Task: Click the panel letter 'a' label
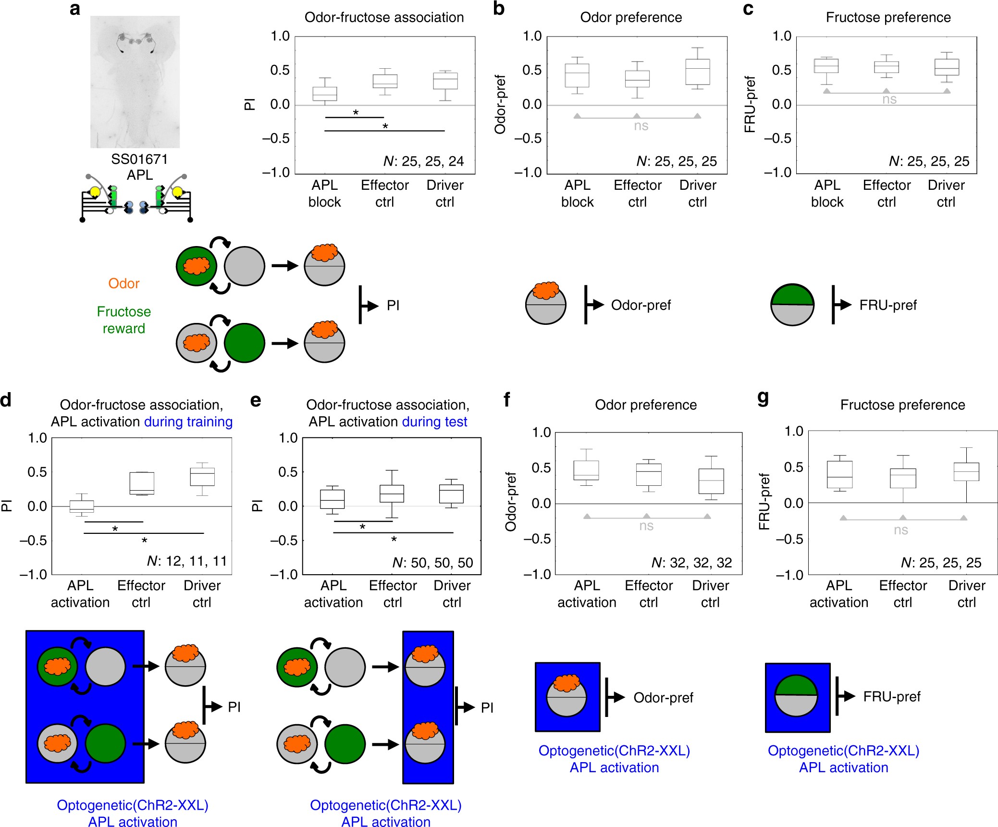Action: (x=75, y=9)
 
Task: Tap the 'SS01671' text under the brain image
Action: (x=139, y=159)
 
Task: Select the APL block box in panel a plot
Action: (x=325, y=94)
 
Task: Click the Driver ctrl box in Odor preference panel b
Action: (x=698, y=72)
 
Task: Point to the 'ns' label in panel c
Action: (x=889, y=99)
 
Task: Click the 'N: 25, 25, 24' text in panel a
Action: (x=423, y=161)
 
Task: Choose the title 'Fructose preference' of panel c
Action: (x=888, y=18)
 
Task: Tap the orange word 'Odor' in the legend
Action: (x=124, y=284)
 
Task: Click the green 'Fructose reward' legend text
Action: (x=124, y=320)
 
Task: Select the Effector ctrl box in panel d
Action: (x=142, y=483)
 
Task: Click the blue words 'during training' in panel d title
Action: (x=188, y=422)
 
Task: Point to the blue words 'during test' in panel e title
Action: (x=434, y=422)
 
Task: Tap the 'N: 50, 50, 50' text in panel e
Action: (x=432, y=563)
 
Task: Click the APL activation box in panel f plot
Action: (x=586, y=470)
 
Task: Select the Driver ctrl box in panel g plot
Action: (x=966, y=472)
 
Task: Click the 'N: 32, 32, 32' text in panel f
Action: (x=691, y=563)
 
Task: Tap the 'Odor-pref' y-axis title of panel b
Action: (x=500, y=104)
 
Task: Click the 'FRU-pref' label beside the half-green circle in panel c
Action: (x=888, y=305)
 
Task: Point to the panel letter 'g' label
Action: (x=763, y=398)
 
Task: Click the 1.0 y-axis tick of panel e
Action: (x=288, y=438)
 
